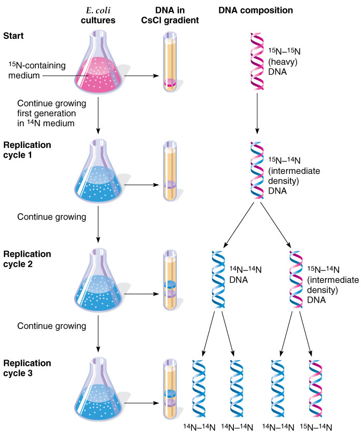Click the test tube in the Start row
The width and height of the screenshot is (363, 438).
[171, 62]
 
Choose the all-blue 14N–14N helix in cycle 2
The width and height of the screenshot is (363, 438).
[218, 280]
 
